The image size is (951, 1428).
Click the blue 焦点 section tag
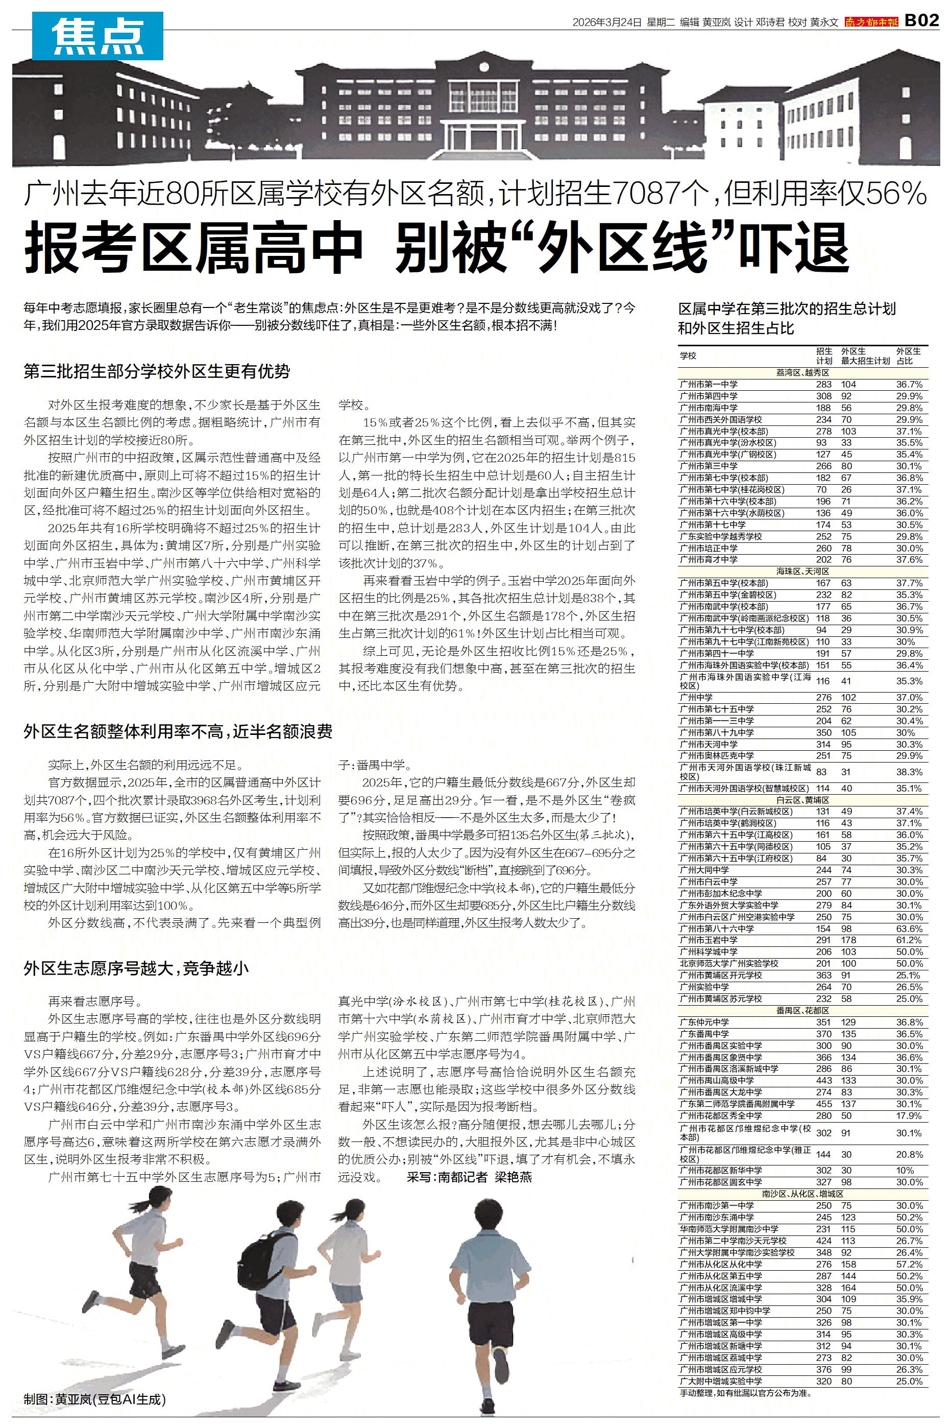tap(97, 36)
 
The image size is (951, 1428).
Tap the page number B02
tap(921, 21)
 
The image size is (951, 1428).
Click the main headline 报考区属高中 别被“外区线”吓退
tap(436, 248)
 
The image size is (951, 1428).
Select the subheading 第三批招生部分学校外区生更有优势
tap(157, 371)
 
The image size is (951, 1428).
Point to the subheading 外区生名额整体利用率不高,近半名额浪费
tap(178, 731)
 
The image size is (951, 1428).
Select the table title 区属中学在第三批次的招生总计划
tap(786, 309)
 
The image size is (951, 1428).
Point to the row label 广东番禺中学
tap(704, 1034)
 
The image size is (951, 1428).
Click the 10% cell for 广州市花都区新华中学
tap(905, 1170)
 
